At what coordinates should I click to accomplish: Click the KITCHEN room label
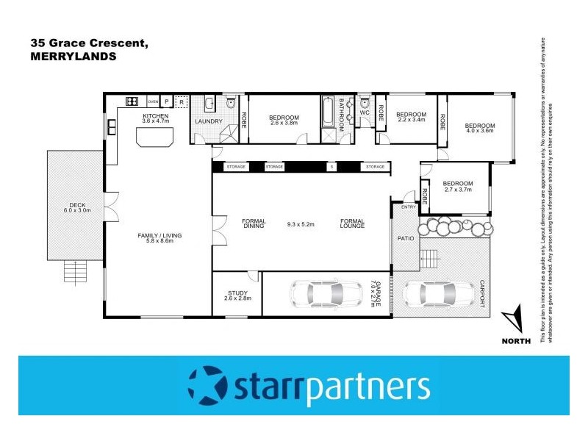155,116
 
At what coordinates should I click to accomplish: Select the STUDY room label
237,293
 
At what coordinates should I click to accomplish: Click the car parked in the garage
325,293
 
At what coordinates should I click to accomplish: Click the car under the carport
437,294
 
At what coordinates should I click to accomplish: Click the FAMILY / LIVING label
159,235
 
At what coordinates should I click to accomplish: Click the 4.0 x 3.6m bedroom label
480,126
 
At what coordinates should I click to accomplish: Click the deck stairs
74,272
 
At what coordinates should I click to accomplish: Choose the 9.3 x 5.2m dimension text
302,224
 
